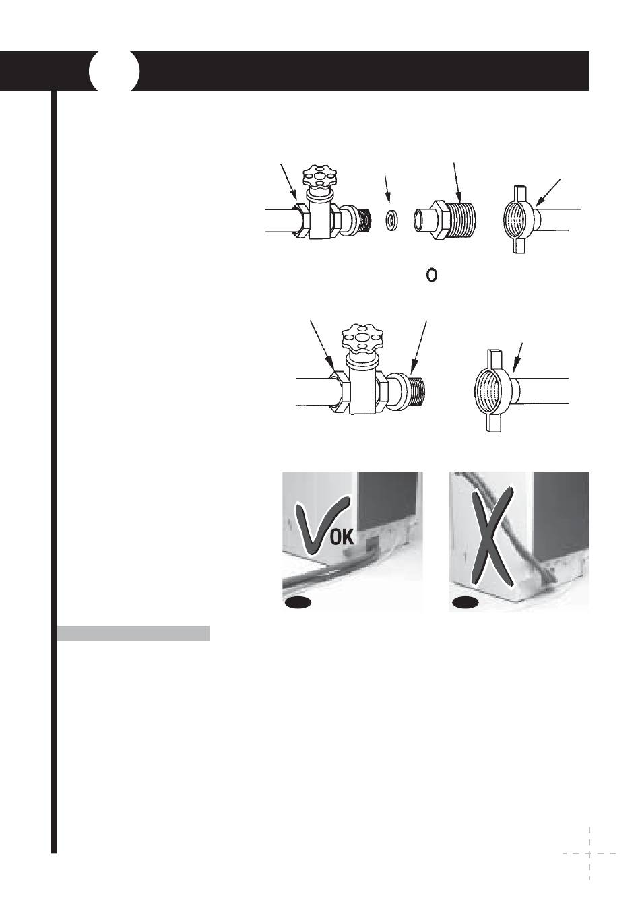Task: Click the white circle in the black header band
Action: pyautogui.click(x=115, y=71)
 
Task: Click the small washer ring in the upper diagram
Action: pyautogui.click(x=391, y=220)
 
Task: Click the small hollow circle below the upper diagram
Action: pyautogui.click(x=431, y=276)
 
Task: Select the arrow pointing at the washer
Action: pyautogui.click(x=387, y=189)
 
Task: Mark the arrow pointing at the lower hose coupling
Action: pyautogui.click(x=518, y=358)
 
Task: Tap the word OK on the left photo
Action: pyautogui.click(x=343, y=538)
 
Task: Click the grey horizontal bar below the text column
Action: pyautogui.click(x=133, y=633)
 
